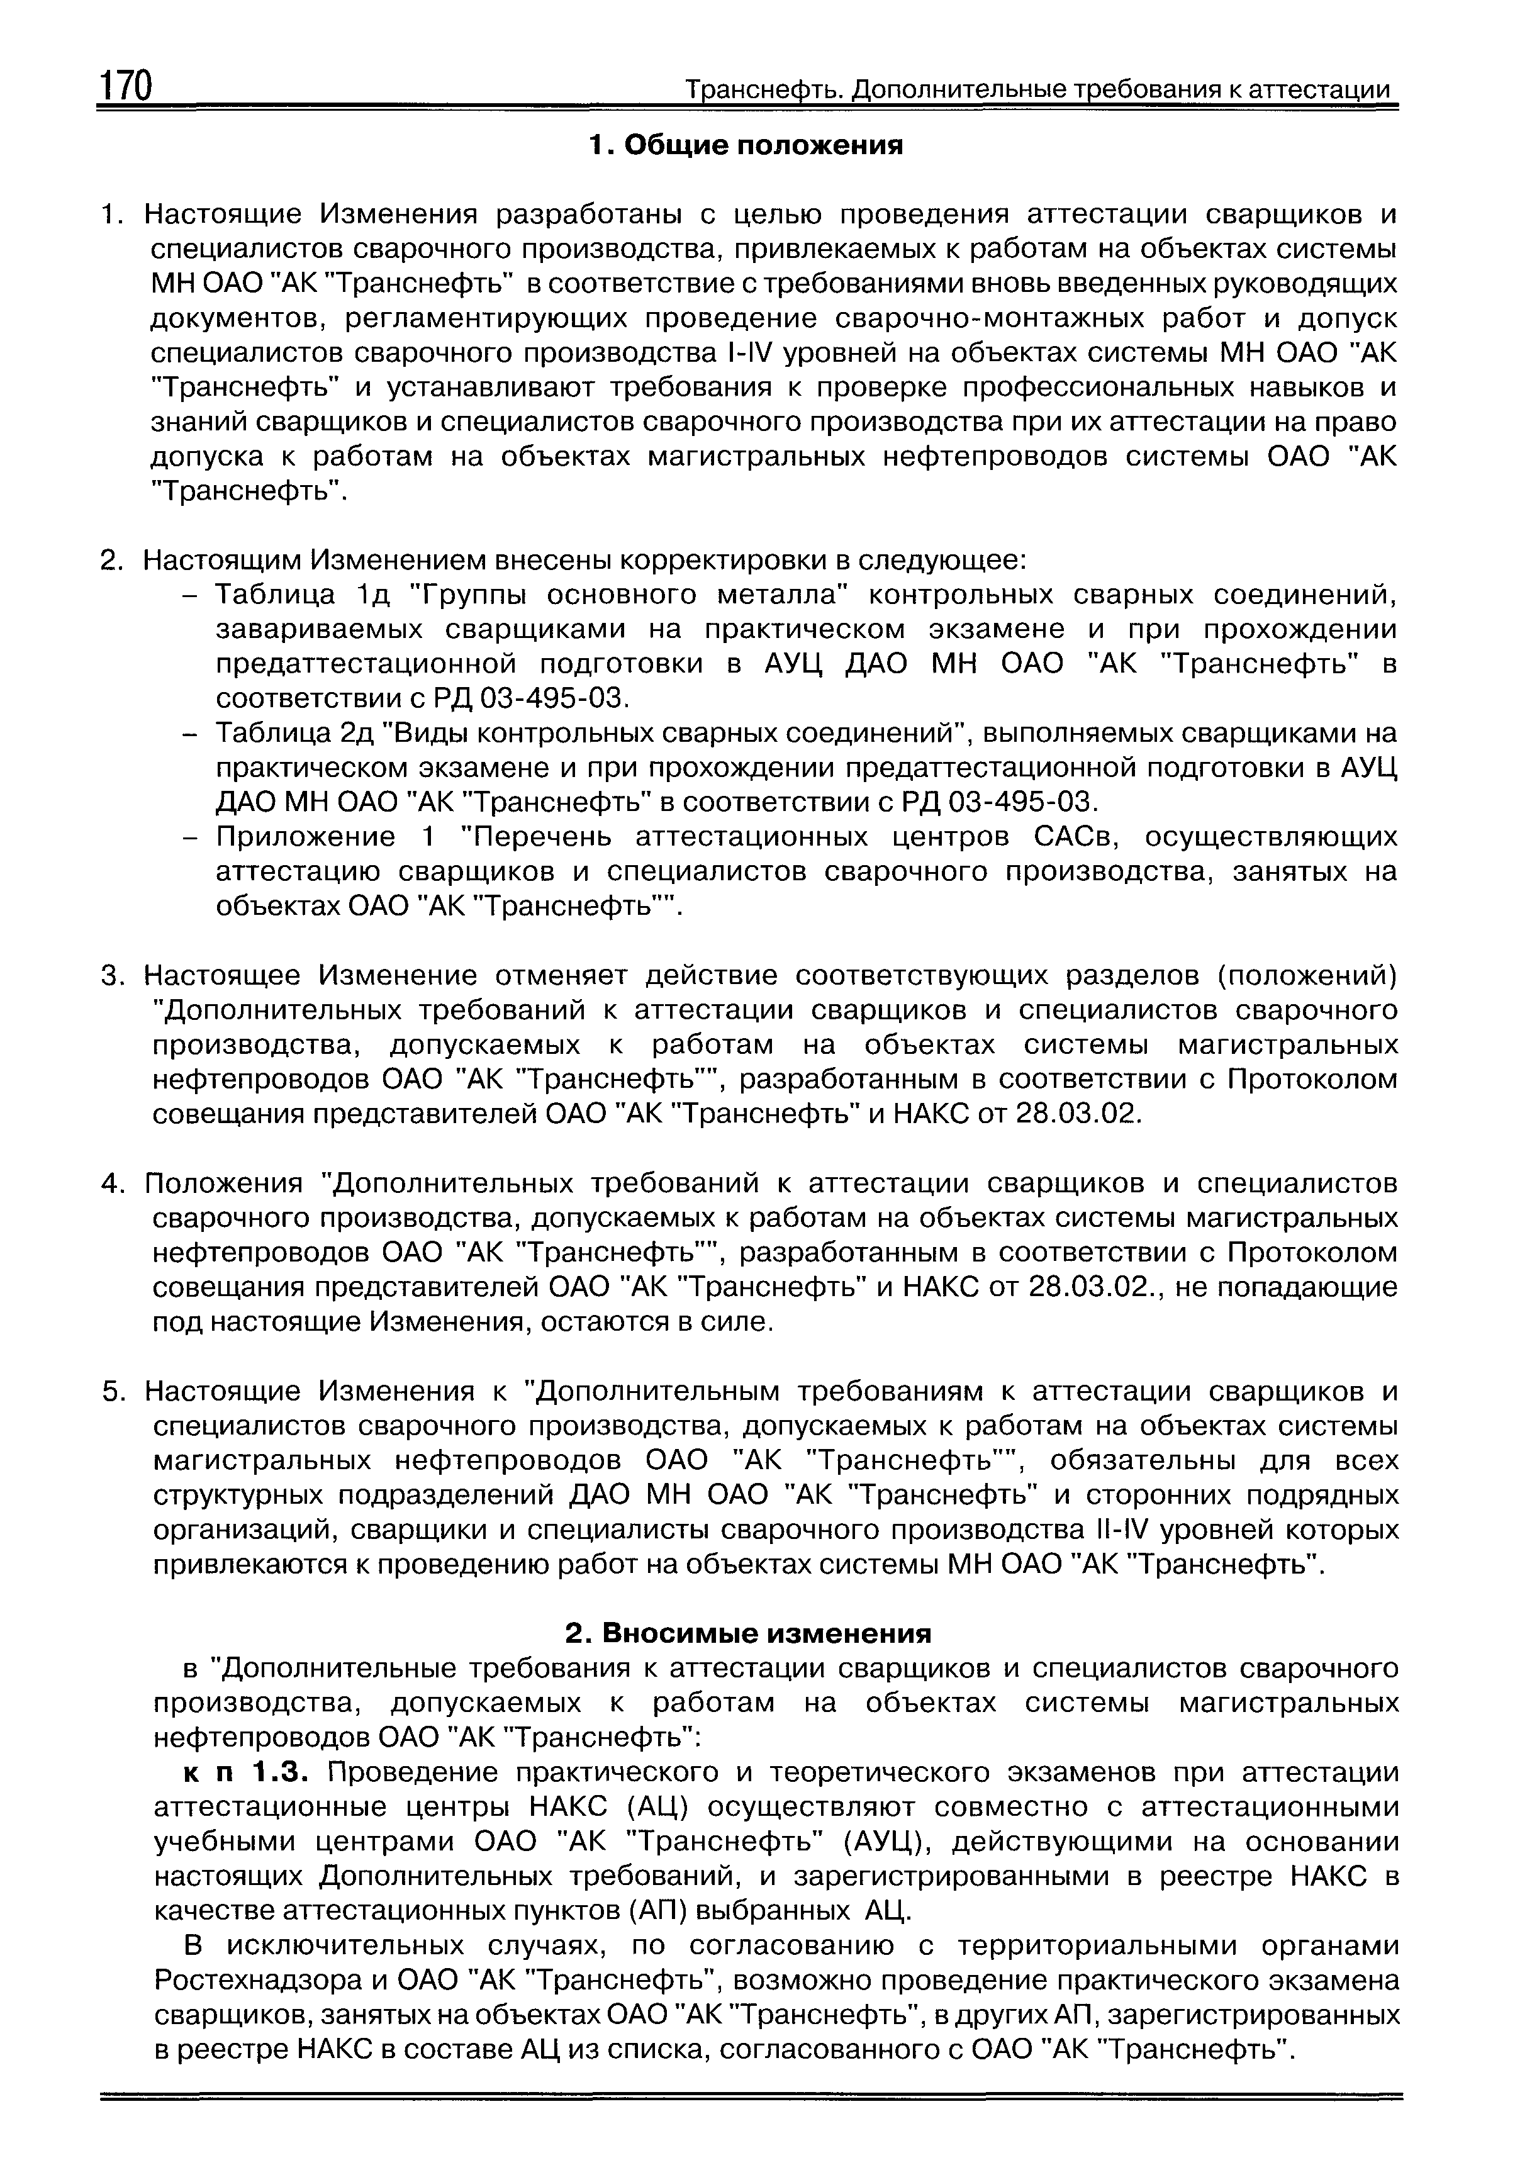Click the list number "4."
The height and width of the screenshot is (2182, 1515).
(113, 1183)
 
